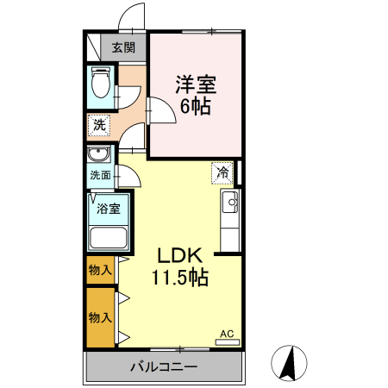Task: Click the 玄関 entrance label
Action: tap(122, 47)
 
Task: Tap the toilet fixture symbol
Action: tap(100, 84)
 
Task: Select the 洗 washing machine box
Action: tap(100, 126)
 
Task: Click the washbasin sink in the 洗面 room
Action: tap(98, 156)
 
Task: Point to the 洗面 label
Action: tap(100, 175)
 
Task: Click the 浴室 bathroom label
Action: tap(108, 208)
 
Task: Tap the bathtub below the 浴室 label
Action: tap(109, 238)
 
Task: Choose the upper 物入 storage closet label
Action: tap(100, 270)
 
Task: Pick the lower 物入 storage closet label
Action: tap(100, 316)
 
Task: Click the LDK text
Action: tap(179, 256)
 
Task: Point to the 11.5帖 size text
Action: tap(179, 278)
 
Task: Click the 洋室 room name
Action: tap(196, 84)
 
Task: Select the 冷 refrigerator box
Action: tap(222, 172)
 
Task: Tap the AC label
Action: tap(227, 333)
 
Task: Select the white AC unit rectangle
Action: tap(227, 342)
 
